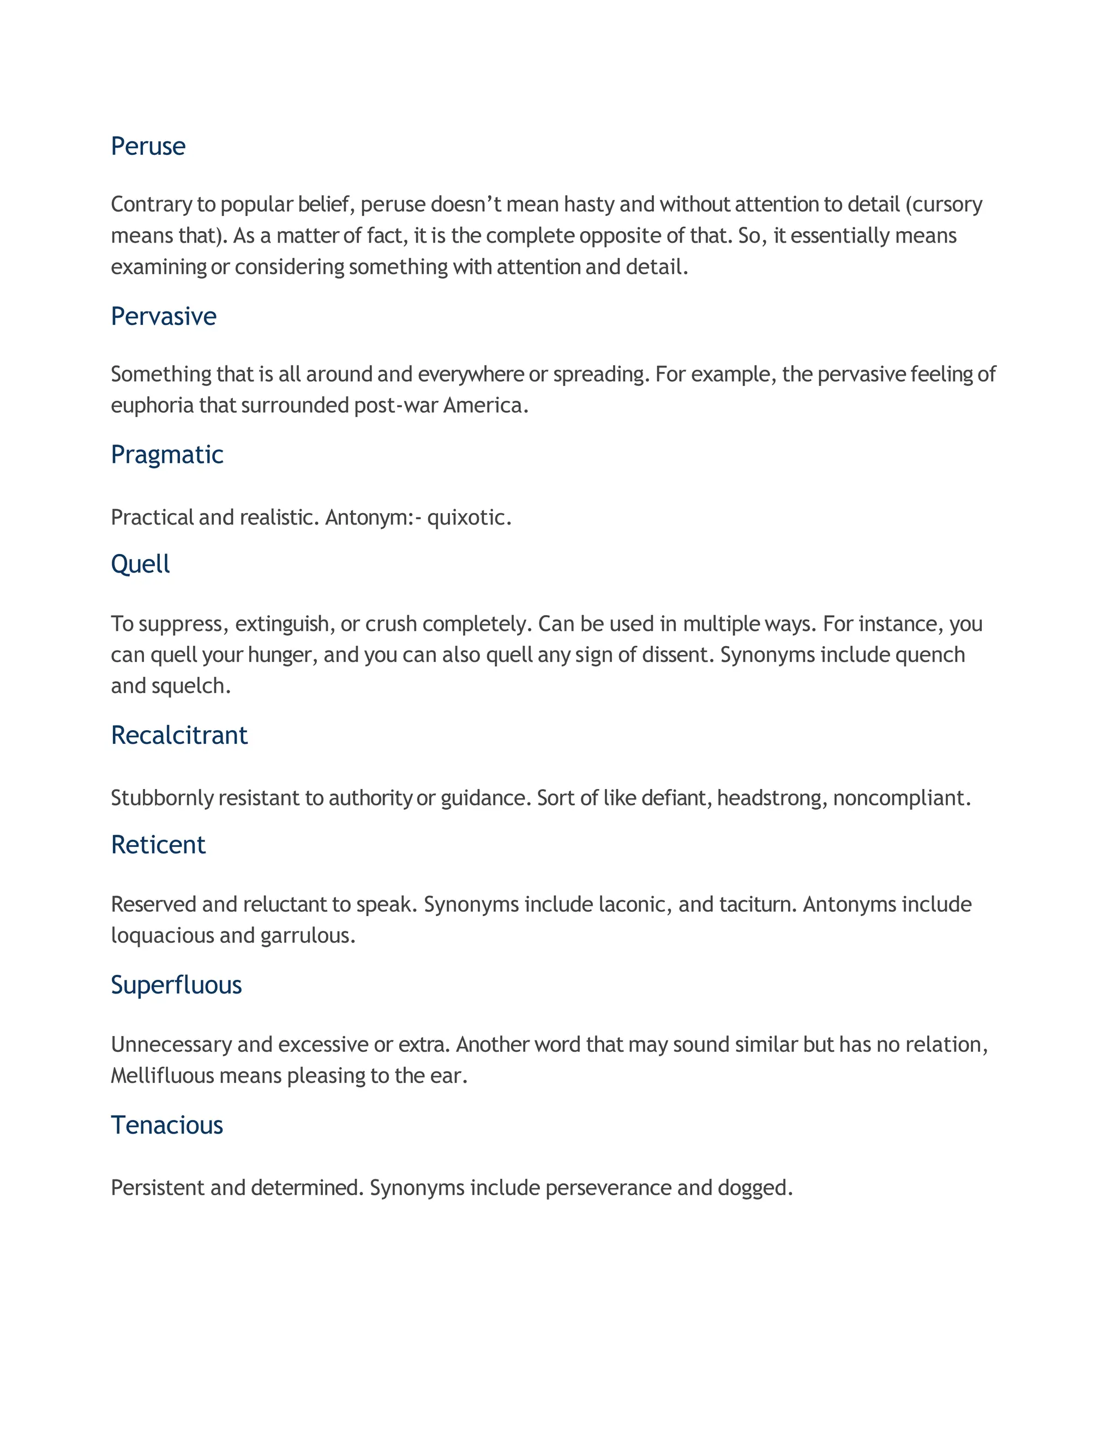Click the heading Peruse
coord(148,146)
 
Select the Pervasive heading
coord(164,316)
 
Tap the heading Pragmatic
coord(167,455)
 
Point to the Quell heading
coord(140,564)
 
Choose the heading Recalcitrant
coord(179,735)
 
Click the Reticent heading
coord(158,844)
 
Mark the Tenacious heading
coord(167,1125)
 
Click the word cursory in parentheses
coord(946,204)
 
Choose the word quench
coord(930,655)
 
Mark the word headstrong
coord(770,798)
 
